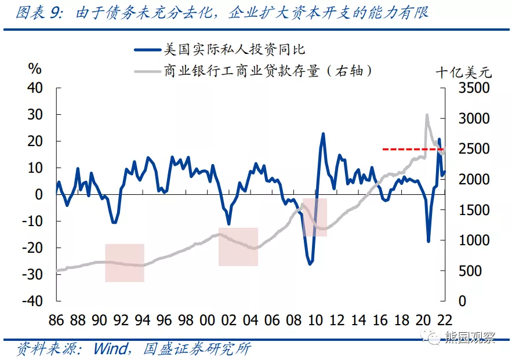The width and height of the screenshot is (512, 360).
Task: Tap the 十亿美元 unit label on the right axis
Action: pos(463,72)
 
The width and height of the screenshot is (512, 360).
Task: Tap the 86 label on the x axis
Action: pos(56,321)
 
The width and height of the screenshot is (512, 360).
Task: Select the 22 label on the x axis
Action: pos(445,321)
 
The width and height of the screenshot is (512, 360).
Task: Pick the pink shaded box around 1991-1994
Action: pos(124,263)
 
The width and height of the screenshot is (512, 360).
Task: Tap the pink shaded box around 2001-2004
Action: pos(238,247)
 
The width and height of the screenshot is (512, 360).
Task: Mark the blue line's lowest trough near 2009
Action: pos(310,264)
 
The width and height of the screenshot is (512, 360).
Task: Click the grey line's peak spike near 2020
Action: pos(427,115)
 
